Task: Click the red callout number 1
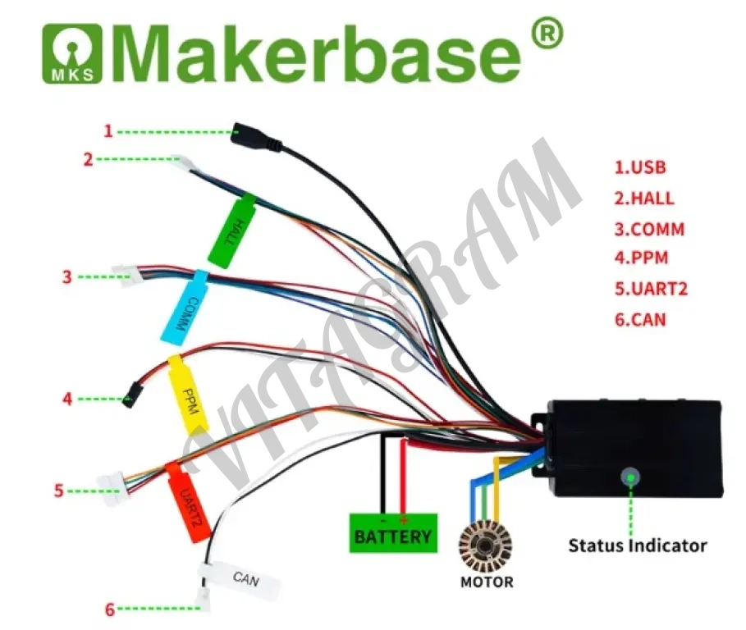[108, 130]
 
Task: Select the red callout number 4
[67, 399]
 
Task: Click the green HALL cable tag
[233, 230]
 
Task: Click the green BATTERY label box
[392, 532]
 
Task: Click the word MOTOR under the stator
[487, 582]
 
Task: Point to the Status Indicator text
[637, 545]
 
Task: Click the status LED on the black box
[630, 476]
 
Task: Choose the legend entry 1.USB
[640, 167]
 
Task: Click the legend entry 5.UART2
[651, 289]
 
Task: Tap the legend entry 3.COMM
[649, 228]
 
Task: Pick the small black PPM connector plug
[130, 399]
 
